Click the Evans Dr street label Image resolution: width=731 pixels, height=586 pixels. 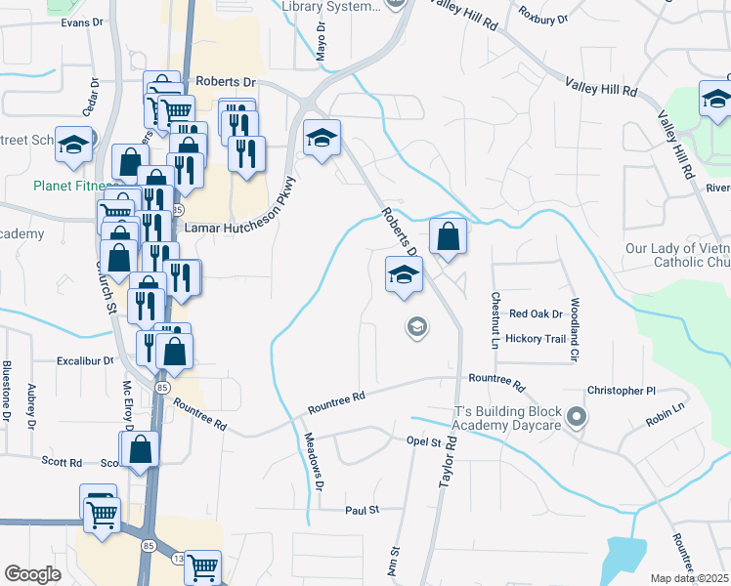[81, 21]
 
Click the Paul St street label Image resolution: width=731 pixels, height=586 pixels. [360, 510]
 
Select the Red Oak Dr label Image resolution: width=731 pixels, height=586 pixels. [537, 314]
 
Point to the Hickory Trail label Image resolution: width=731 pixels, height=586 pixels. [537, 340]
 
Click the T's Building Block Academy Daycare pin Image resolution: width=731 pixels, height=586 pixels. [577, 418]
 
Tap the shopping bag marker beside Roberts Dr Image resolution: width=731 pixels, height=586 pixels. [448, 237]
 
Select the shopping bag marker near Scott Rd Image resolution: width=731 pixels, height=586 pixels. [142, 450]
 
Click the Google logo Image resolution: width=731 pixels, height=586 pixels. [32, 574]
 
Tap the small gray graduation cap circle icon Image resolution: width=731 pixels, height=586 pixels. [417, 327]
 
